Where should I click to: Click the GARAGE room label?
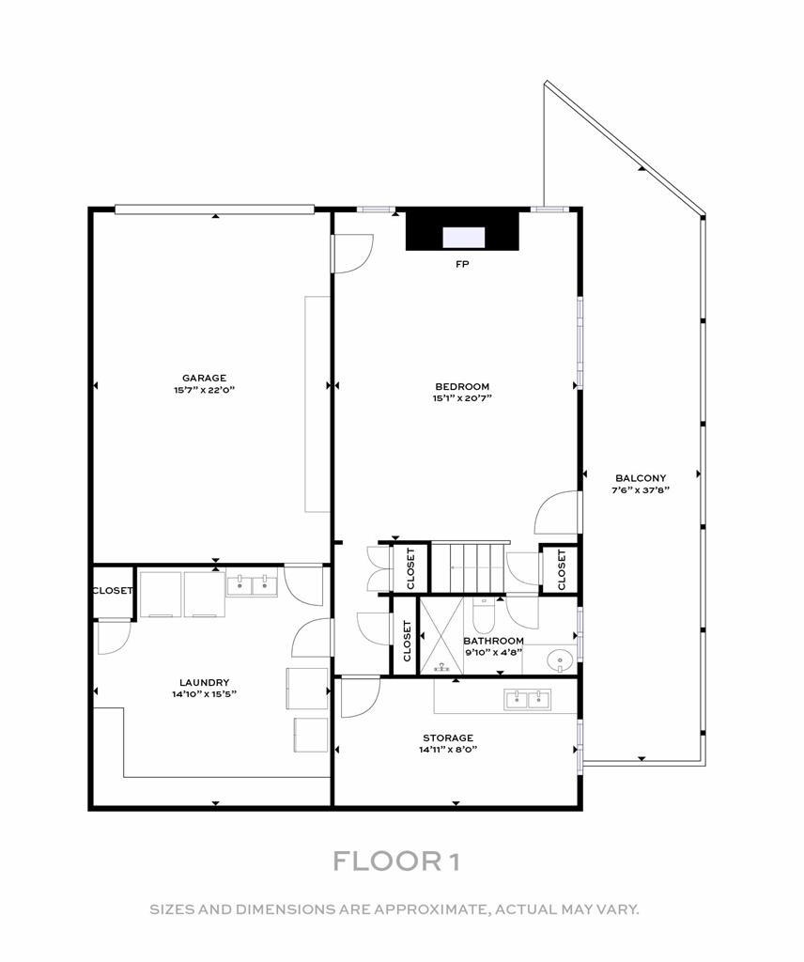[x=204, y=379]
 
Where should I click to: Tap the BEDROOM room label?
[x=462, y=386]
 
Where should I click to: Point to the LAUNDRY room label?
[x=204, y=683]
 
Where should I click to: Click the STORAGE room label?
[x=447, y=737]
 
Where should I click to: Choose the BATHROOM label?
[x=493, y=642]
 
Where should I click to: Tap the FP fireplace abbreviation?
[x=462, y=264]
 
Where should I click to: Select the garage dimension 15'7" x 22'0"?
[x=204, y=390]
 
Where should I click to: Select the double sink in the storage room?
[x=527, y=698]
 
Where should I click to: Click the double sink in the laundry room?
[x=252, y=586]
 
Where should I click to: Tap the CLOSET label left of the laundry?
[x=112, y=591]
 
